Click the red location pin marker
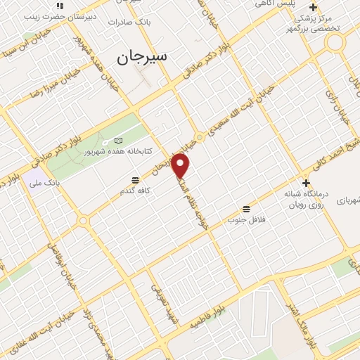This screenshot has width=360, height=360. (x=181, y=166)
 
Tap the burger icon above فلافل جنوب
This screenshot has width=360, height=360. (x=246, y=209)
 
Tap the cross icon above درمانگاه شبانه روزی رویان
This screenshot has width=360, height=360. (x=306, y=181)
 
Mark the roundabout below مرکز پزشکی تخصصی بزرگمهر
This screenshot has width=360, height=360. (x=335, y=42)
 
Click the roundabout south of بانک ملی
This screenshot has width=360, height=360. (x=84, y=221)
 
